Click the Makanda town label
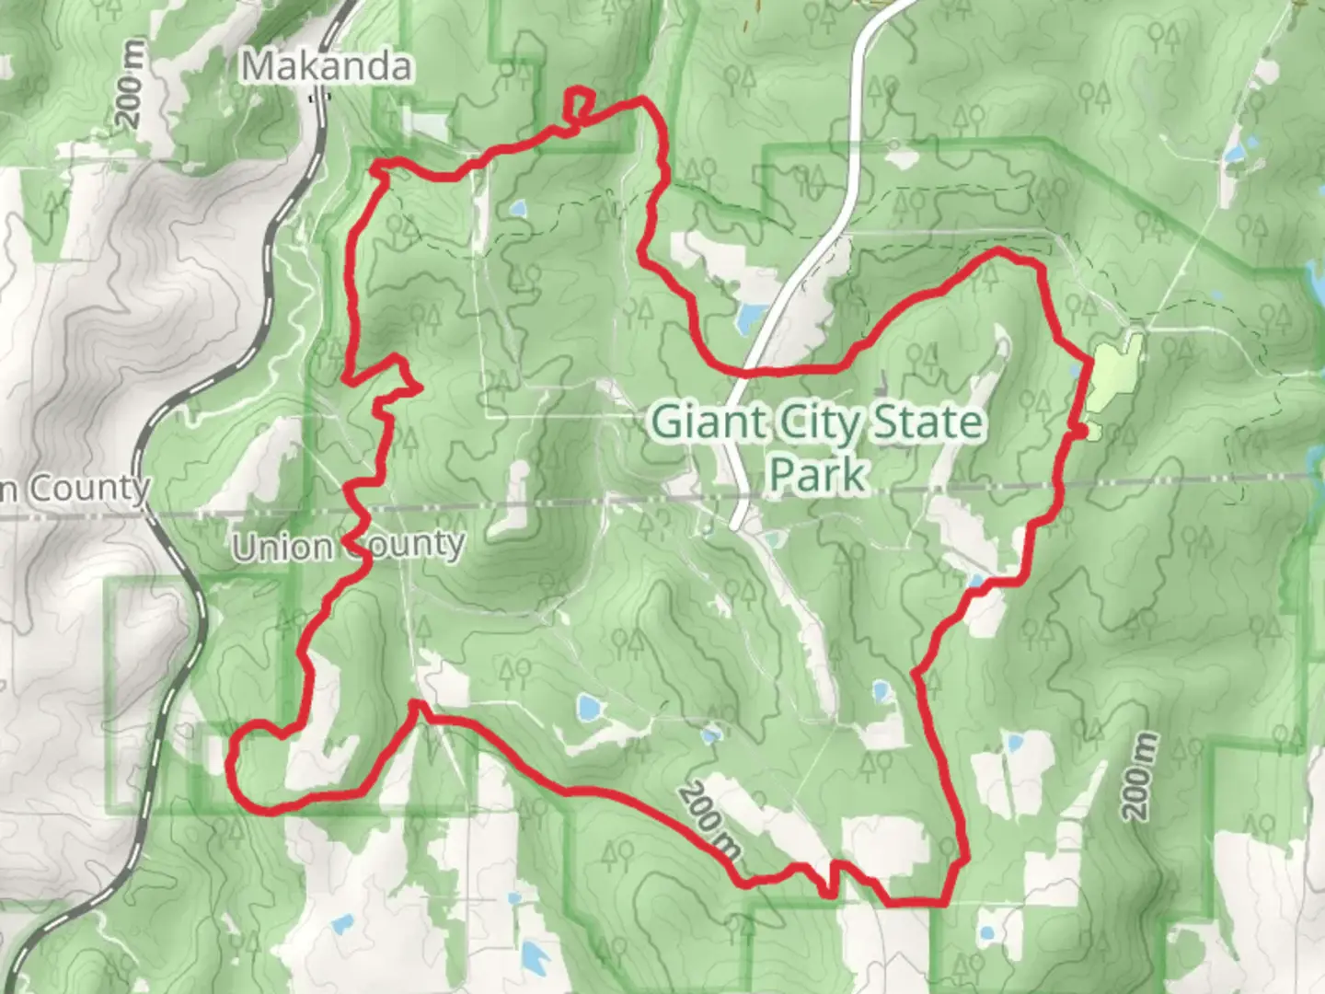click(x=326, y=66)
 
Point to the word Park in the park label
click(x=818, y=475)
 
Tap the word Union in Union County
click(x=282, y=547)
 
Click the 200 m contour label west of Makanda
click(x=131, y=84)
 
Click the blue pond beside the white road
click(x=751, y=318)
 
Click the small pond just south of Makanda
click(x=518, y=210)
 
